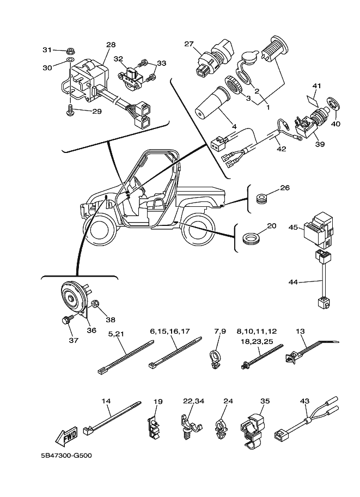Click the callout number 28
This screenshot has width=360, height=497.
[x=111, y=45]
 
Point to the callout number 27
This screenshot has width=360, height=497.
[x=189, y=45]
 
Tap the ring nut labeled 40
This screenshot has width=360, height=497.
[x=333, y=106]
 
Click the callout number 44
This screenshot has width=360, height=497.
[x=294, y=283]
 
